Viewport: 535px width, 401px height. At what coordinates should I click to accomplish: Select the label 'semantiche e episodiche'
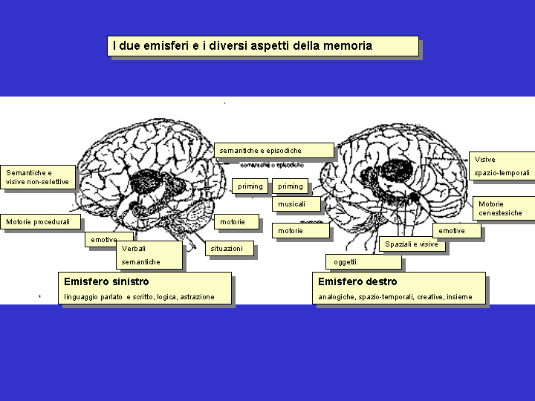pos(261,151)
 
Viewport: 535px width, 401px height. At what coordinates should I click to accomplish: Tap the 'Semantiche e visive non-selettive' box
pos(38,177)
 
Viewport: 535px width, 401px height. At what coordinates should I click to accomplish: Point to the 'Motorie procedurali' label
pos(38,222)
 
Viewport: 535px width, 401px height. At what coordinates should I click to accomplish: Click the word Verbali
pos(134,248)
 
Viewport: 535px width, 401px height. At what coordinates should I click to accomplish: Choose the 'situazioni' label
pos(227,249)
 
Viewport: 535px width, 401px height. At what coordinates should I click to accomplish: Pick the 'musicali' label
pos(292,204)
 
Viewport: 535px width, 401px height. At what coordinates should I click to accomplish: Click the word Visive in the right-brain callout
pos(485,160)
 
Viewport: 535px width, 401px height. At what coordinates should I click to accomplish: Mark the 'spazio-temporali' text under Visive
pos(502,173)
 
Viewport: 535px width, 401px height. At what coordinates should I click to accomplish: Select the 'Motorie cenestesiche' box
pos(500,209)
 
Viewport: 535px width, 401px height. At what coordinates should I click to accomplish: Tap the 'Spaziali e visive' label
pos(412,244)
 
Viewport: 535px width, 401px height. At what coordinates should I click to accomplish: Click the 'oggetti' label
pos(345,262)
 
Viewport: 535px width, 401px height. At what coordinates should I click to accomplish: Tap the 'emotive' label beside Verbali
pos(103,240)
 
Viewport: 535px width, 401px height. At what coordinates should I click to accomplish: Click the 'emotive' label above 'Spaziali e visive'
pos(452,231)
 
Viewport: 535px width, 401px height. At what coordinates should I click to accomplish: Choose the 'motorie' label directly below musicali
pos(291,231)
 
